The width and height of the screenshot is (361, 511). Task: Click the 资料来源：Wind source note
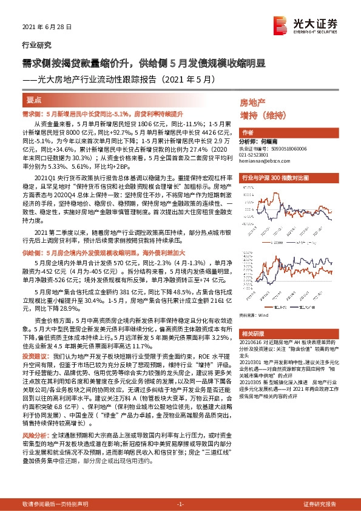pos(254,315)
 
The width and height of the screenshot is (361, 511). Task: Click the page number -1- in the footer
pos(180,504)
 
